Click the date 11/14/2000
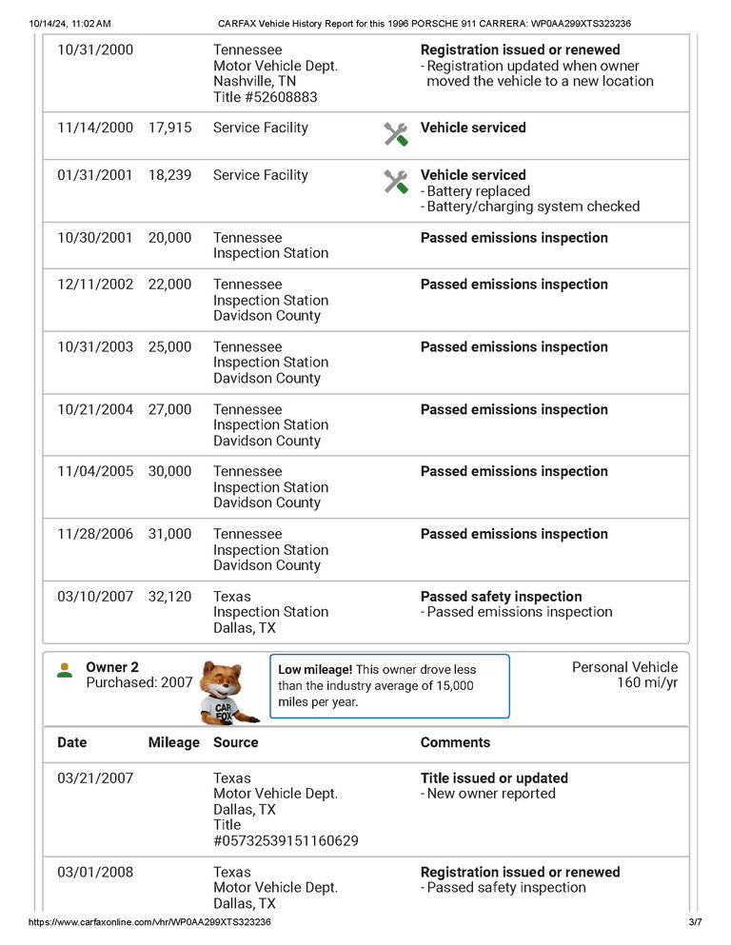click(x=95, y=128)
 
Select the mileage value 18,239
click(x=169, y=175)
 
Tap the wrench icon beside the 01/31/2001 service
click(x=396, y=182)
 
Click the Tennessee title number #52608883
click(x=266, y=97)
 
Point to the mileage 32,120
click(x=169, y=597)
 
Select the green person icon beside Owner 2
click(x=65, y=670)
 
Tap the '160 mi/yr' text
click(x=647, y=682)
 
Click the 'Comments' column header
click(x=455, y=742)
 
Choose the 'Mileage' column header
click(x=174, y=742)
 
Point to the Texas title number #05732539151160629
click(x=286, y=840)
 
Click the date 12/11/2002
click(x=95, y=285)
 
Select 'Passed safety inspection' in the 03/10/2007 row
click(x=501, y=597)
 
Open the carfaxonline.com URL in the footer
click(x=149, y=922)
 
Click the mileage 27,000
click(x=169, y=409)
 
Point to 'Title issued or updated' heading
click(x=494, y=778)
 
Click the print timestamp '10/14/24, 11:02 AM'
click(x=70, y=23)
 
